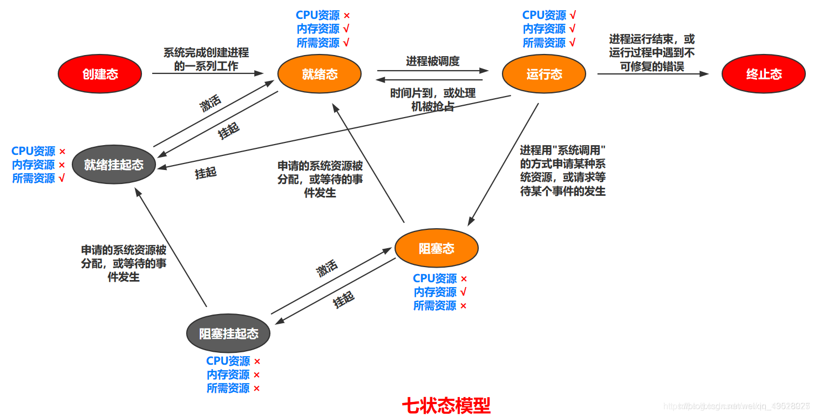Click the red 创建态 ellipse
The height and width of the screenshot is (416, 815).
pos(100,74)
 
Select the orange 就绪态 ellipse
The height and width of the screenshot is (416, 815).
pos(320,74)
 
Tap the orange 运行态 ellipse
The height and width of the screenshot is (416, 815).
pos(544,74)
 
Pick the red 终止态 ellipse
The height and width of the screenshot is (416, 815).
pos(763,74)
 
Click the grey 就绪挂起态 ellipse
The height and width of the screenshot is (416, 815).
pos(114,165)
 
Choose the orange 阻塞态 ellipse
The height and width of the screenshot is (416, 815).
pos(436,248)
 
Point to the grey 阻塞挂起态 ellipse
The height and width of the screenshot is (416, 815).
pos(228,333)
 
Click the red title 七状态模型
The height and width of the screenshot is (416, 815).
pos(446,405)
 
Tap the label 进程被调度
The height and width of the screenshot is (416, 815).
pos(432,61)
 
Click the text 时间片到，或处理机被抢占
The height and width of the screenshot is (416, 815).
pos(432,100)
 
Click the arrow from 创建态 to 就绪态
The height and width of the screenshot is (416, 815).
pos(208,73)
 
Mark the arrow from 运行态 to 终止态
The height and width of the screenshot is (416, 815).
pos(652,74)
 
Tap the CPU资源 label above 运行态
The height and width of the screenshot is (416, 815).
pos(544,15)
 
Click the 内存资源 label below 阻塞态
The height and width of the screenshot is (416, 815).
pos(435,292)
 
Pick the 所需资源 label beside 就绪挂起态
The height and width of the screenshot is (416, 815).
pos(33,178)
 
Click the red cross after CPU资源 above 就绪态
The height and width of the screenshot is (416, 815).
pos(347,16)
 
